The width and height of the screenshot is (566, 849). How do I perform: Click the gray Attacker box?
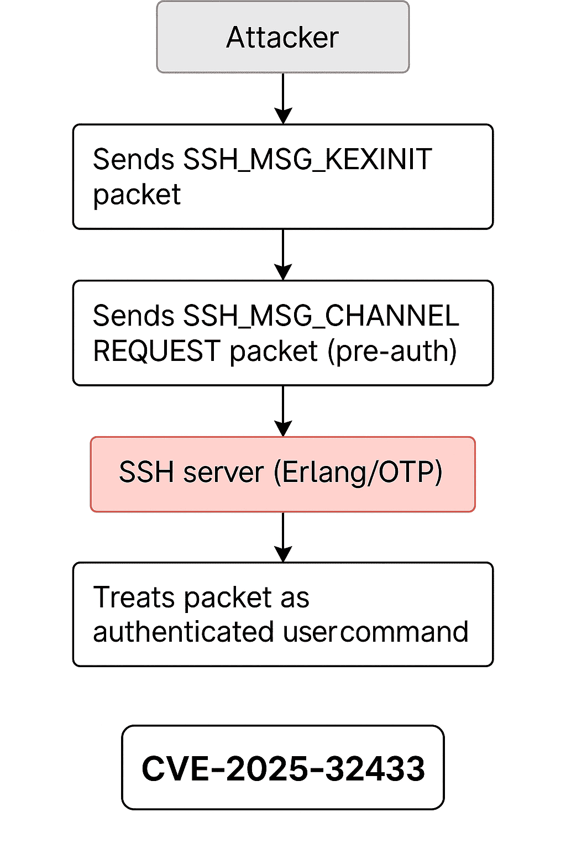point(282,37)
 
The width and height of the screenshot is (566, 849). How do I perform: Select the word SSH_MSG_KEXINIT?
point(307,160)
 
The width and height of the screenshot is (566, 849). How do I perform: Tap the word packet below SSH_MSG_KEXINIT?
point(137,195)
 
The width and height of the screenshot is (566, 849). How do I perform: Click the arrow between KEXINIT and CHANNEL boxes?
point(283,255)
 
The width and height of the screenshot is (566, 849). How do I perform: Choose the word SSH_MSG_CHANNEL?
point(321,316)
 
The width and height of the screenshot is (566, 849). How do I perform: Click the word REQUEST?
point(157,351)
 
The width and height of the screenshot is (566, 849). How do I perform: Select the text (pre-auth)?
point(392,351)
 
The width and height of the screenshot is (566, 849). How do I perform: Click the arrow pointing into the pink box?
point(283,411)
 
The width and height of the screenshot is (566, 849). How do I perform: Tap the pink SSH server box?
point(282,474)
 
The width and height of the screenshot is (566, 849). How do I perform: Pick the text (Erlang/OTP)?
point(358,473)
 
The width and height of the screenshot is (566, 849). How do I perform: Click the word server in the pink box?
point(224,473)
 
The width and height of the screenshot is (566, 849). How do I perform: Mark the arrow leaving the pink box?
point(283,537)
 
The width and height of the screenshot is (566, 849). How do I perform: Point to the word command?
point(403,632)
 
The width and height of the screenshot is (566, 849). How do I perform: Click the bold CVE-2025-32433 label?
point(282,768)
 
